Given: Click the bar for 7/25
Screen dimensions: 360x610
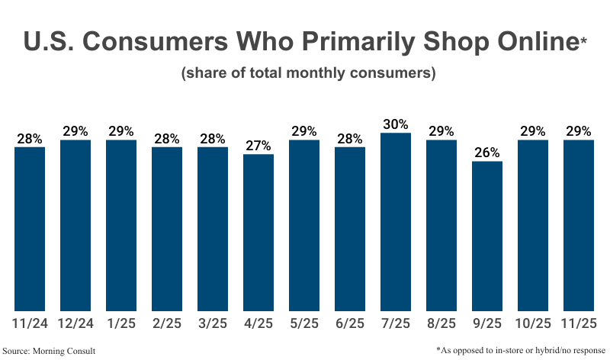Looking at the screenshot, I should [x=396, y=221].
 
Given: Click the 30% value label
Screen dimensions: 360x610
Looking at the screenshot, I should [x=396, y=124].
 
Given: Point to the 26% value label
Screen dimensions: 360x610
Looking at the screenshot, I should [x=487, y=153].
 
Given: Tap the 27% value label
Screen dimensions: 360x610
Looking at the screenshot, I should [x=258, y=146].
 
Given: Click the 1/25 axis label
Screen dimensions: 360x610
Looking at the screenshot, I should [x=121, y=323].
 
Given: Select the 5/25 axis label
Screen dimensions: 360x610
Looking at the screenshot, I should [x=304, y=323].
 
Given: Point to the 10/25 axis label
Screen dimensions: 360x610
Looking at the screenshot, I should [x=533, y=323].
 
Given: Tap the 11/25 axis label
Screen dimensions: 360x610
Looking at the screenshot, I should [x=579, y=323].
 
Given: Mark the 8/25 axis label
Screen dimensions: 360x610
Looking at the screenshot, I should [x=441, y=323].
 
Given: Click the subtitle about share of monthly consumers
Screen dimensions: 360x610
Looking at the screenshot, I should [x=308, y=74].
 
